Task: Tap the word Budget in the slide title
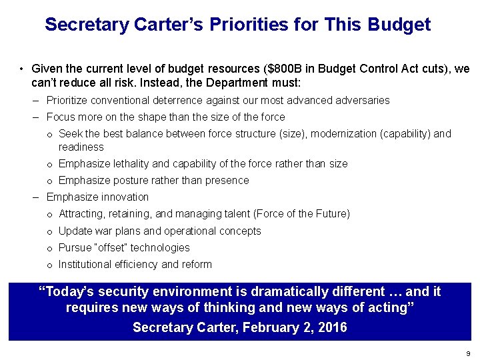tap(399, 25)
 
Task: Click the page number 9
tap(469, 353)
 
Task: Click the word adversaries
tap(359, 101)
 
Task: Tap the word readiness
tap(81, 147)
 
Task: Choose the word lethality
tap(129, 164)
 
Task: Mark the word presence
tap(227, 181)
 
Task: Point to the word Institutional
tap(84, 265)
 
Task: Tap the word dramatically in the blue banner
tap(267, 292)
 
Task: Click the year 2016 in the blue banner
tap(330, 328)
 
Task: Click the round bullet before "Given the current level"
tap(22, 69)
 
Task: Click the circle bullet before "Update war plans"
tap(50, 232)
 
